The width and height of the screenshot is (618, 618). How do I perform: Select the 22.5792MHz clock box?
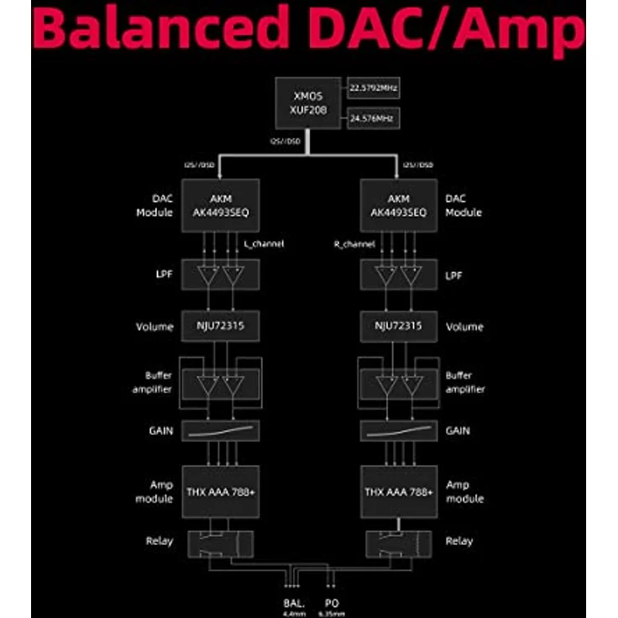(x=374, y=86)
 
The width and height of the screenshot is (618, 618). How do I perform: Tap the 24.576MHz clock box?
(x=374, y=118)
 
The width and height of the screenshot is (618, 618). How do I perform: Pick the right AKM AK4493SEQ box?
(x=398, y=206)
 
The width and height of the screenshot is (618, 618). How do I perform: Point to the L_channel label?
(x=264, y=244)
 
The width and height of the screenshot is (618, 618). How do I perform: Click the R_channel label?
(x=353, y=244)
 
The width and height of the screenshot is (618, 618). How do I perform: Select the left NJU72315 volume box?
(x=221, y=326)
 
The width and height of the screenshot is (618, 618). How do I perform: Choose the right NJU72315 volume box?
(x=398, y=326)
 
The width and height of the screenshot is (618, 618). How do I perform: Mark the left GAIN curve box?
(x=221, y=431)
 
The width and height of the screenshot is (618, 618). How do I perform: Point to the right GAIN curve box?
(x=398, y=431)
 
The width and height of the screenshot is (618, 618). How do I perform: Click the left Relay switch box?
(x=221, y=542)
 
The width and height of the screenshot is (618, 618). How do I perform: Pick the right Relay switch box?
(x=398, y=542)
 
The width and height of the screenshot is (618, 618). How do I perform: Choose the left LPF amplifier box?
(x=221, y=275)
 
